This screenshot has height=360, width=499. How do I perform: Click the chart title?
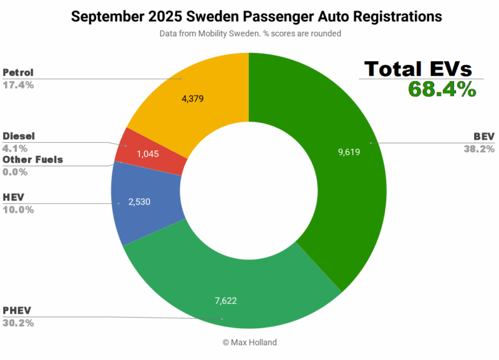[x=249, y=17]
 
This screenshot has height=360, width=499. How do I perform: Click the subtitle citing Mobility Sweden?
[x=249, y=34]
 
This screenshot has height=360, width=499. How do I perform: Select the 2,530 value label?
[x=138, y=202]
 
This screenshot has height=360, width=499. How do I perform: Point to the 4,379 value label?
[x=192, y=98]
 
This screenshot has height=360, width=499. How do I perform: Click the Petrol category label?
[x=19, y=72]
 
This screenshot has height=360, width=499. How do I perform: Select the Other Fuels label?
[x=32, y=160]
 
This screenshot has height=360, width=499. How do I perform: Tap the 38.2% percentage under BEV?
[x=478, y=148]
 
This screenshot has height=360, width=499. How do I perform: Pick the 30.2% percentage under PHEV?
[x=18, y=323]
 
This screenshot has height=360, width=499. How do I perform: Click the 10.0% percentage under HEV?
[x=18, y=210]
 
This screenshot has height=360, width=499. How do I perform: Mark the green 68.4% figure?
[x=442, y=89]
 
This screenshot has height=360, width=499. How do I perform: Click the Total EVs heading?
[x=419, y=68]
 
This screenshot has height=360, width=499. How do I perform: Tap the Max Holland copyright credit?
[x=249, y=343]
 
